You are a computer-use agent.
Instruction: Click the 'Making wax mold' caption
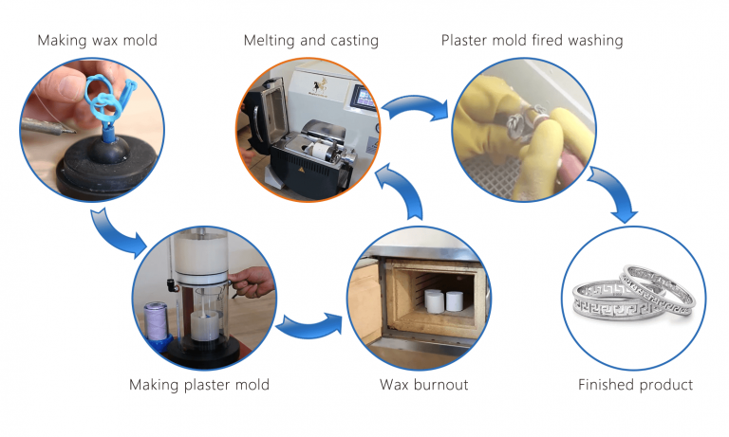98,41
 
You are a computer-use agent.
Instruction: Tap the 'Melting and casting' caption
310,41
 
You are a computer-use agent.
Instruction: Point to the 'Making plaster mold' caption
199,384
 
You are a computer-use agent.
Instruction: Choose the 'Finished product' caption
635,384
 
